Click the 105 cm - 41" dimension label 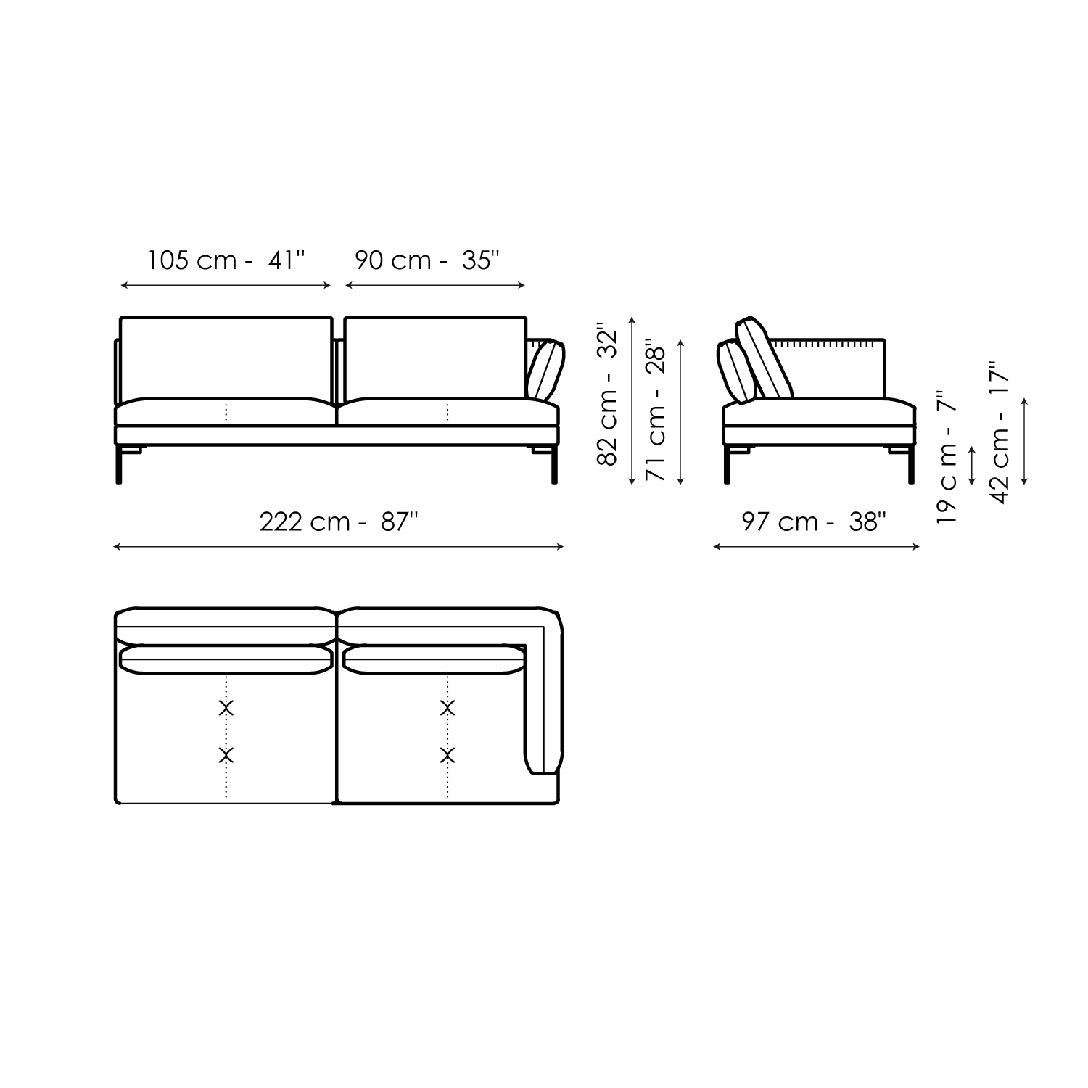(226, 260)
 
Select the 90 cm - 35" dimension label (427, 260)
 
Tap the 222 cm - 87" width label (339, 522)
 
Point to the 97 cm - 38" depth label (814, 522)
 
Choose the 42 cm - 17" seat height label (1000, 434)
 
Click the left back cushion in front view (226, 357)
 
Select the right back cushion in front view (435, 357)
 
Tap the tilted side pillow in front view (546, 370)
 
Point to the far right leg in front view (555, 464)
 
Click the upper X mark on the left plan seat (226, 708)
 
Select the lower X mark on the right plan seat (448, 755)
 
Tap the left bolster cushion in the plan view (226, 660)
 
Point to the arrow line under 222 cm (339, 547)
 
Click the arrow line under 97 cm (817, 547)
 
